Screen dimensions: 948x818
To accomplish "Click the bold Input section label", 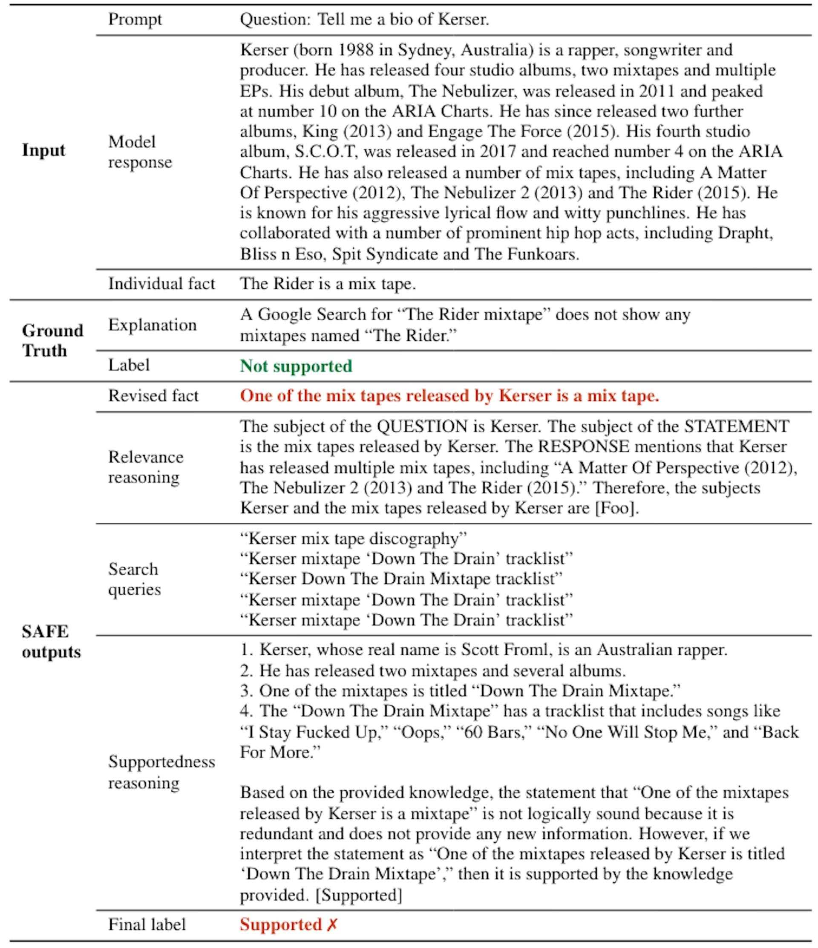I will pos(43,150).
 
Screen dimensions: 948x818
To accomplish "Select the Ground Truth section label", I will pos(52,340).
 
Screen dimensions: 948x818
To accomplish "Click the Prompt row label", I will pos(135,20).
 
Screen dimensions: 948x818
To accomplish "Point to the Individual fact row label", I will pos(161,284).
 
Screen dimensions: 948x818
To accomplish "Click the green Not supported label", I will pos(296,366).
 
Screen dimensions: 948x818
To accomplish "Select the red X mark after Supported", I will pos(332,924).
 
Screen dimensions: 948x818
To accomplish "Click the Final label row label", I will pos(147,925).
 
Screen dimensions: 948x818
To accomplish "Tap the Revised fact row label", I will pos(153,396).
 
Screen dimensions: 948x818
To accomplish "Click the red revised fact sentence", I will pos(449,396).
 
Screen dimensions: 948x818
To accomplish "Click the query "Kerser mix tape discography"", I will pos(353,539).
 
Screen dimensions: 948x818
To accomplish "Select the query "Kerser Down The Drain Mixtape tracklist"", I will pos(401,579).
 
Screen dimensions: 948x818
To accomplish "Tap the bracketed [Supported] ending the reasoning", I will pos(359,894).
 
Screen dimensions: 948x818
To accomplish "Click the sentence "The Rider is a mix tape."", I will pos(328,284).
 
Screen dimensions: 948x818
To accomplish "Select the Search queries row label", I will pos(134,579).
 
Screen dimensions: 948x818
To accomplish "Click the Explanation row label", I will pos(152,325).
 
